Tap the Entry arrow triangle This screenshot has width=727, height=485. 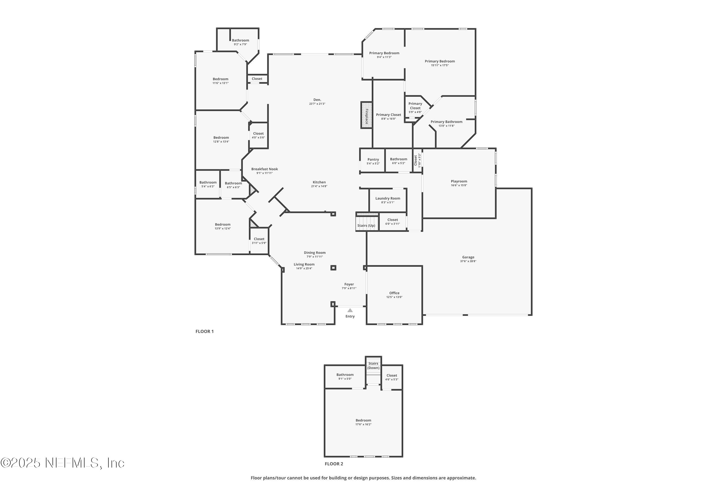click(x=350, y=310)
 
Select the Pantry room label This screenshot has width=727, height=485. click(x=373, y=160)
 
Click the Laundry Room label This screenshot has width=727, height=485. click(x=387, y=199)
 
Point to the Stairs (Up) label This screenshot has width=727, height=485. click(x=366, y=226)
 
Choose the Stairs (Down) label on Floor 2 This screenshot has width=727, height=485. click(x=373, y=366)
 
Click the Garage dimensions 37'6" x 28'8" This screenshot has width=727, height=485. click(x=468, y=261)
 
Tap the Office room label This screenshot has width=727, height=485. click(x=394, y=293)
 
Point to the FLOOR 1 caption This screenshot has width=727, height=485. click(x=204, y=331)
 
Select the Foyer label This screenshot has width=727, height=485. click(x=349, y=284)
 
